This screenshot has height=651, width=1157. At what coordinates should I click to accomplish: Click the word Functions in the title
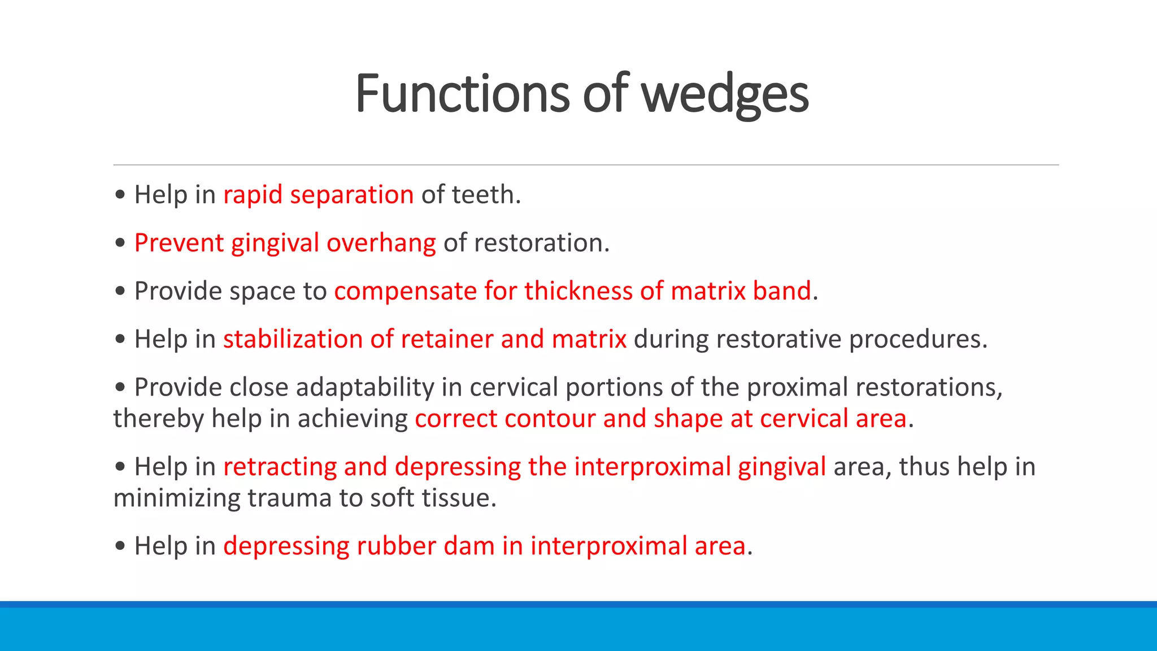(x=462, y=94)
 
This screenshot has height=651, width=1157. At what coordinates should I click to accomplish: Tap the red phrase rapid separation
(x=319, y=195)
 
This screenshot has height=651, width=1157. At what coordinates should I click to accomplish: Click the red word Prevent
(x=179, y=243)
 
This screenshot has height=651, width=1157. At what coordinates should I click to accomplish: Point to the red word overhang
(x=381, y=243)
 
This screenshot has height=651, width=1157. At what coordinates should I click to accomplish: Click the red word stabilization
(x=293, y=339)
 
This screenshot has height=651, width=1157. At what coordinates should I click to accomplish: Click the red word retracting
(x=280, y=467)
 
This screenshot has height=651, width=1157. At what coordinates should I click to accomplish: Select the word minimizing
(x=177, y=498)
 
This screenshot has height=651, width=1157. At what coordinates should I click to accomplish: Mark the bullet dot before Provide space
(x=120, y=292)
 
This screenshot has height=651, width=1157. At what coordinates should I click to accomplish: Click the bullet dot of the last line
(x=120, y=546)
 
